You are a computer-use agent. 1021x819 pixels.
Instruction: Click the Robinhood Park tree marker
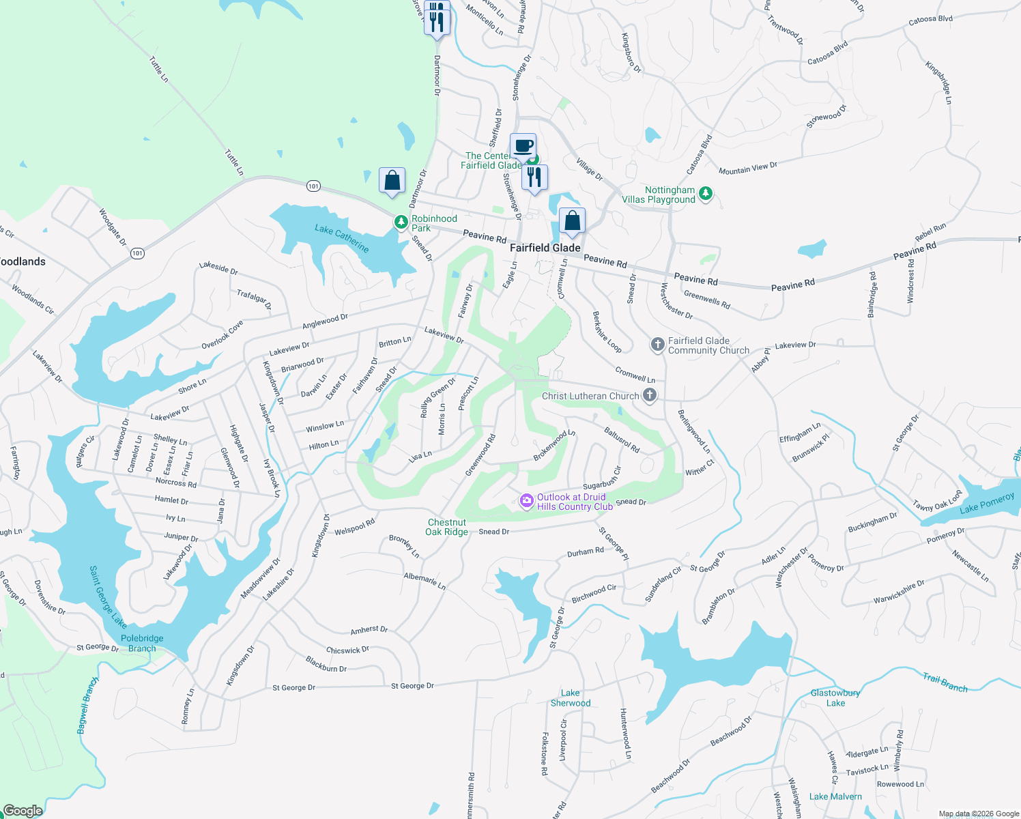pos(401,222)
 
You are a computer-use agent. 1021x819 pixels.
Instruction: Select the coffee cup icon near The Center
pos(523,146)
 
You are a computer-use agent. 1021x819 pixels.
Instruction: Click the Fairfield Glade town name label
pos(545,248)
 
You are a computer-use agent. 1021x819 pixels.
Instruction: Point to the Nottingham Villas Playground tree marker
pos(706,194)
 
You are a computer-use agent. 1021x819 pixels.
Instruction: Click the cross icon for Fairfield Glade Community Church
pos(657,345)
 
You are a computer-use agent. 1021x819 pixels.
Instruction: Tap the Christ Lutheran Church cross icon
pos(650,394)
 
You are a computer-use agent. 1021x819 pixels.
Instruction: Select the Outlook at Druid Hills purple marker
pos(526,502)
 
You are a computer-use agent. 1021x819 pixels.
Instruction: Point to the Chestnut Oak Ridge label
pos(448,527)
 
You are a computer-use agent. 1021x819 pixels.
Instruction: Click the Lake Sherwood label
pos(571,698)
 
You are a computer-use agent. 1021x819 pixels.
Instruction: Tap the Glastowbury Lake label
pos(835,698)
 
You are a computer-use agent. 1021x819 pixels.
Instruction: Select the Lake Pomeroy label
pos(987,504)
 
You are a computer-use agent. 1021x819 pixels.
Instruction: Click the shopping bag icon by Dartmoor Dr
pos(392,181)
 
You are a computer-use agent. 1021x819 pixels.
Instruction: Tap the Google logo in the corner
pos(23,810)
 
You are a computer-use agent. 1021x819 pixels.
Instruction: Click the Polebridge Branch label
pos(142,643)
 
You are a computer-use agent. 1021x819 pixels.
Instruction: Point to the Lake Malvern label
pos(835,796)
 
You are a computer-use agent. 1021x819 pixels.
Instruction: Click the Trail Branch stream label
pos(945,682)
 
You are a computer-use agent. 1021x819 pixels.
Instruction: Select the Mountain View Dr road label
pos(748,168)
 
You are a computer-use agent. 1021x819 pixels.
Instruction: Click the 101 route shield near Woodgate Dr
pos(137,253)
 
